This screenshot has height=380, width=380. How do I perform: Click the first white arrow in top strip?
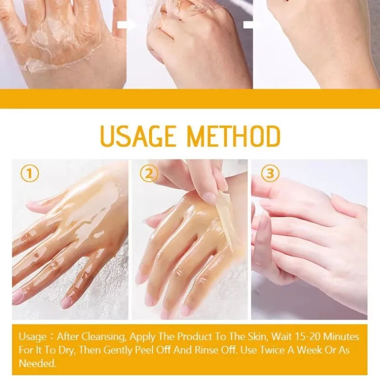pyautogui.click(x=126, y=25)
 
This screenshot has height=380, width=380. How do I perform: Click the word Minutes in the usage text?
pyautogui.click(x=342, y=337)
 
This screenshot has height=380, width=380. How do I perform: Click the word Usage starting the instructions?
pyautogui.click(x=32, y=337)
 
